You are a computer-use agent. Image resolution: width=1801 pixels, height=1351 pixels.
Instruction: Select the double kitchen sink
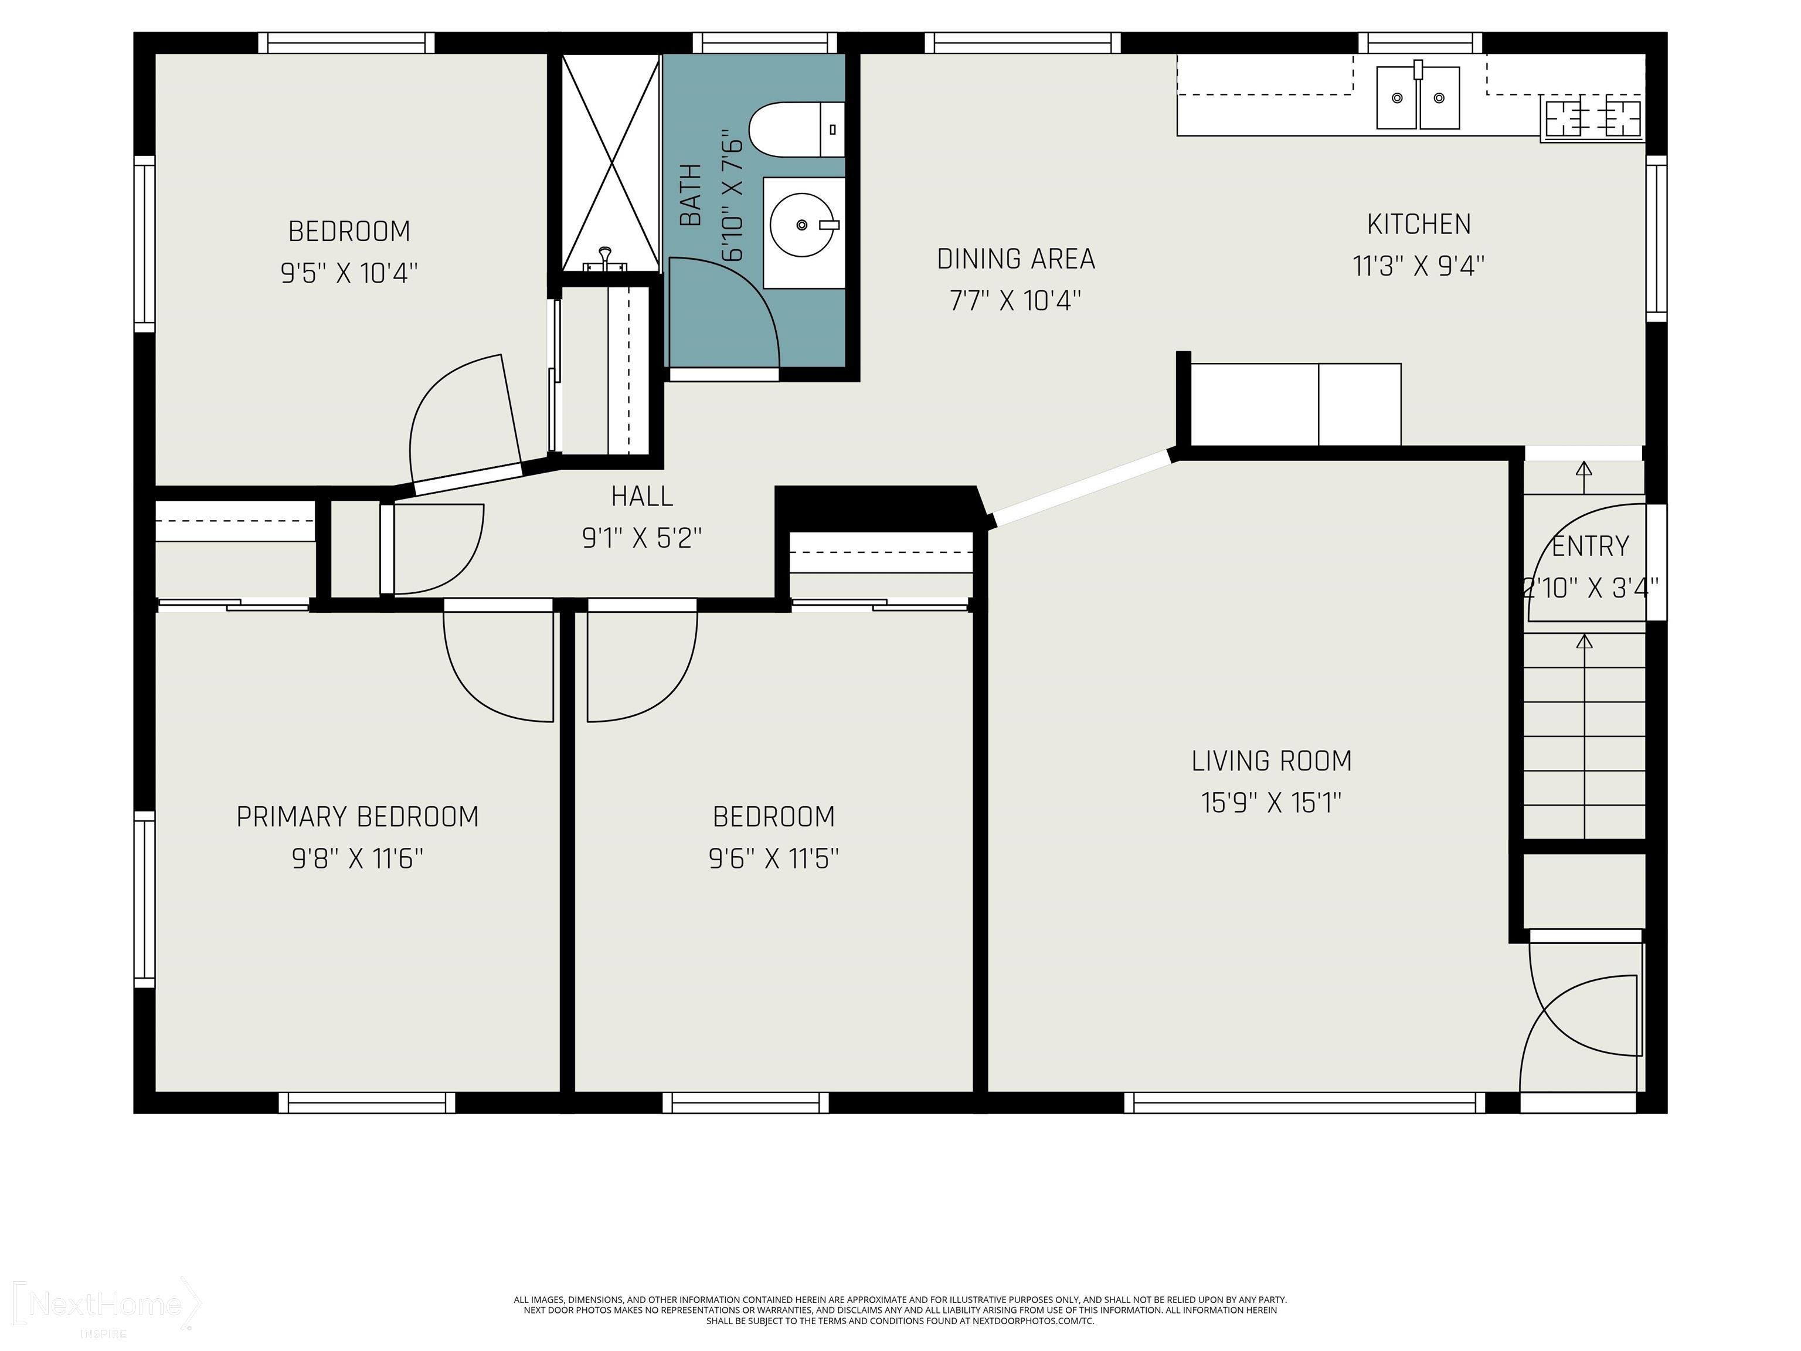pyautogui.click(x=1418, y=98)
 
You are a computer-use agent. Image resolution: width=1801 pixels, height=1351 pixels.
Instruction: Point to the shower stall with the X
pyautogui.click(x=611, y=163)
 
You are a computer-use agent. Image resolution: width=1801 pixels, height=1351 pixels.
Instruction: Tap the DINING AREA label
pyautogui.click(x=1016, y=259)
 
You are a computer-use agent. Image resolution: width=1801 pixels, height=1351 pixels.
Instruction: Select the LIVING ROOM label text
pyautogui.click(x=1271, y=761)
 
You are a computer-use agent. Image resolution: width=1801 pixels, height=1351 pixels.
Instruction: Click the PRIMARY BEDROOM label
pyautogui.click(x=358, y=816)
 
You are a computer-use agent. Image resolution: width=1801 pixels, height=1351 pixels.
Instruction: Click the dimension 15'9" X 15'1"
pyautogui.click(x=1271, y=803)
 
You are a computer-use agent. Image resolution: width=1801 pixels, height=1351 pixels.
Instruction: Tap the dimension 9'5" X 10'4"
pyautogui.click(x=349, y=273)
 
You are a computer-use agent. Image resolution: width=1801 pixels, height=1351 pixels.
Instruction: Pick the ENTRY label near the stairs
pyautogui.click(x=1590, y=545)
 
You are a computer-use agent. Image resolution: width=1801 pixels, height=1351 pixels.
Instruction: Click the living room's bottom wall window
pyautogui.click(x=1305, y=1102)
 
